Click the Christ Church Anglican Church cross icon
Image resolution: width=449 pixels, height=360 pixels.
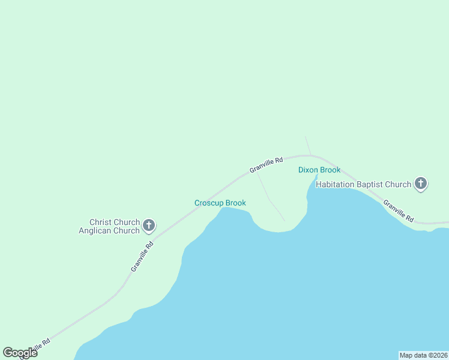[149, 226]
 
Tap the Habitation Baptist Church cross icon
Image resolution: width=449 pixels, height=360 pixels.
[421, 184]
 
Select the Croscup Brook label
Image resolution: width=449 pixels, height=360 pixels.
[220, 203]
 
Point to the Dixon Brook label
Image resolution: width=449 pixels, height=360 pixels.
[319, 170]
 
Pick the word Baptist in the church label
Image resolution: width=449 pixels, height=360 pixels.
[373, 184]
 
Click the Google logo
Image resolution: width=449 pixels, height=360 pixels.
[20, 353]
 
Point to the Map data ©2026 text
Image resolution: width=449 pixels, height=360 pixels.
[423, 355]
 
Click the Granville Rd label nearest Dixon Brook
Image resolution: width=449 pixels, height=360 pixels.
[266, 165]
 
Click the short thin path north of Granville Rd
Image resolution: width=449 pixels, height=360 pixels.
[307, 145]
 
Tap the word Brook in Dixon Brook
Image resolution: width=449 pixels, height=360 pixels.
[330, 170]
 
